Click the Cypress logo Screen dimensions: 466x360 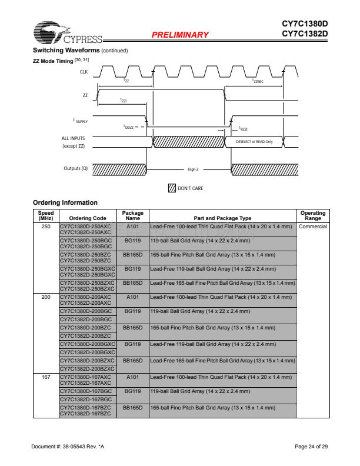(x=66, y=33)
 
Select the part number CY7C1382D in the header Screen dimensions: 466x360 (x=305, y=34)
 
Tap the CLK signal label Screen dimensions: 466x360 (x=83, y=71)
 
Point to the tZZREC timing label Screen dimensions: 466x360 (x=258, y=81)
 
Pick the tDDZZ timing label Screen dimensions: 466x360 (x=128, y=127)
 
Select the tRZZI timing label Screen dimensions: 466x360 (x=243, y=128)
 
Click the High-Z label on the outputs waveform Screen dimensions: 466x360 (x=193, y=169)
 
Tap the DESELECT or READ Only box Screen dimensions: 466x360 (x=254, y=142)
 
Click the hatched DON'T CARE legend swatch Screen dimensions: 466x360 (x=172, y=188)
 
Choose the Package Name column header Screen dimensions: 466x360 (x=132, y=215)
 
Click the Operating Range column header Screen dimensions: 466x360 (x=313, y=215)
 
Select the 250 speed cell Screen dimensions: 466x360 (x=46, y=226)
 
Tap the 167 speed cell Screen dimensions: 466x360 (x=46, y=377)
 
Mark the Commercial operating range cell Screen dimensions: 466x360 (x=313, y=226)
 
